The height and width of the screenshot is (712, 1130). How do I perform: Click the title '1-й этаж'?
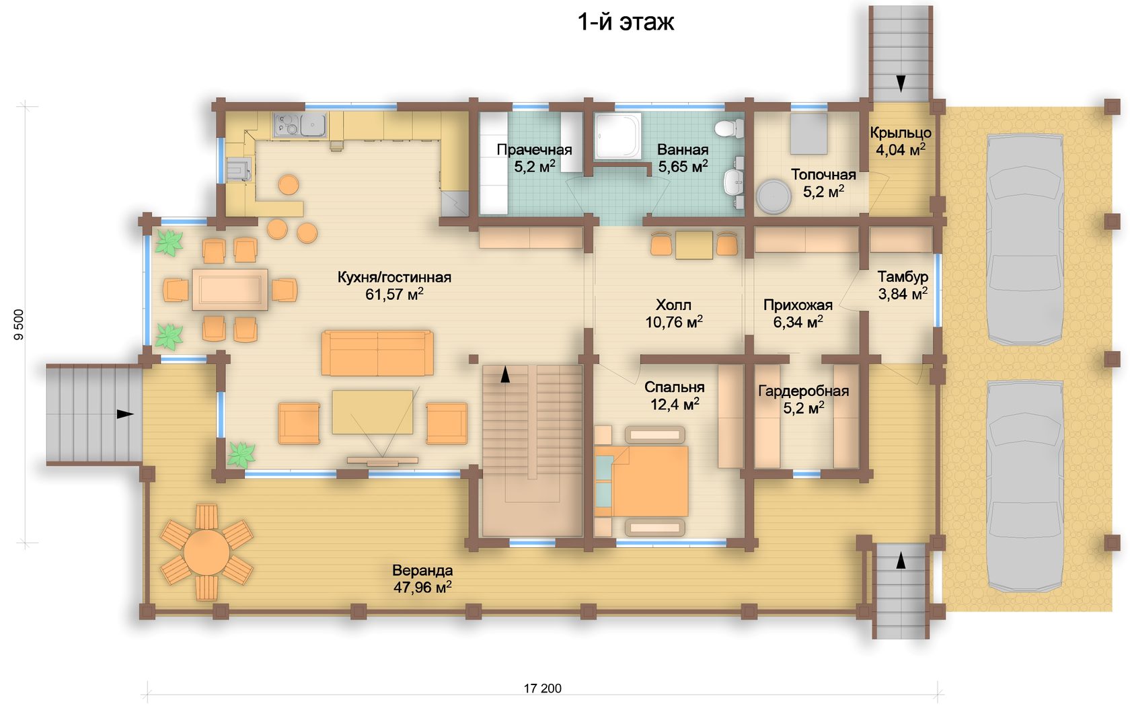[626, 22]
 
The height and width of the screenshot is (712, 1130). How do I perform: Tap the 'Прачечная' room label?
[534, 150]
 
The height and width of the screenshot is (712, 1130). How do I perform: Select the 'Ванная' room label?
[683, 150]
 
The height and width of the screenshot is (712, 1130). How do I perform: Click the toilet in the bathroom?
[729, 128]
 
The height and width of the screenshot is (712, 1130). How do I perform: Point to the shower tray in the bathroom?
[618, 135]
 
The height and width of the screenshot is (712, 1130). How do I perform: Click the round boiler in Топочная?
[773, 196]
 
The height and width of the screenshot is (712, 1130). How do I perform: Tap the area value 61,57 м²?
[394, 294]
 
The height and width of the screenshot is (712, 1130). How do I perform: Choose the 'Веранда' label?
[422, 571]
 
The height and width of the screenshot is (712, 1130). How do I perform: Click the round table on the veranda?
[207, 553]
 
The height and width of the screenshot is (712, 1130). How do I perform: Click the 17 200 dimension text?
[542, 688]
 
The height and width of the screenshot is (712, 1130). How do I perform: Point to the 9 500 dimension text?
[19, 325]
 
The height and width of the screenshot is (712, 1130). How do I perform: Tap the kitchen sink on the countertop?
[313, 125]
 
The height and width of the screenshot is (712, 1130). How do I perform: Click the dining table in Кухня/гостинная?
[230, 290]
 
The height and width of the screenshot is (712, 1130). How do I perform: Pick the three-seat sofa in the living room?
[377, 353]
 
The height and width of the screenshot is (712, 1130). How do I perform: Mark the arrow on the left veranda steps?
[125, 414]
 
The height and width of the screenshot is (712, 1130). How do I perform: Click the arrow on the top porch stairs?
[901, 83]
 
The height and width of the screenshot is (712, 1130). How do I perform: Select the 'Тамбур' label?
[903, 277]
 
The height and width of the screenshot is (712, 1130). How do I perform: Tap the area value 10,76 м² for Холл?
[674, 321]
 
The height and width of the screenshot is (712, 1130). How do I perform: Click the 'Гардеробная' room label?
[804, 391]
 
